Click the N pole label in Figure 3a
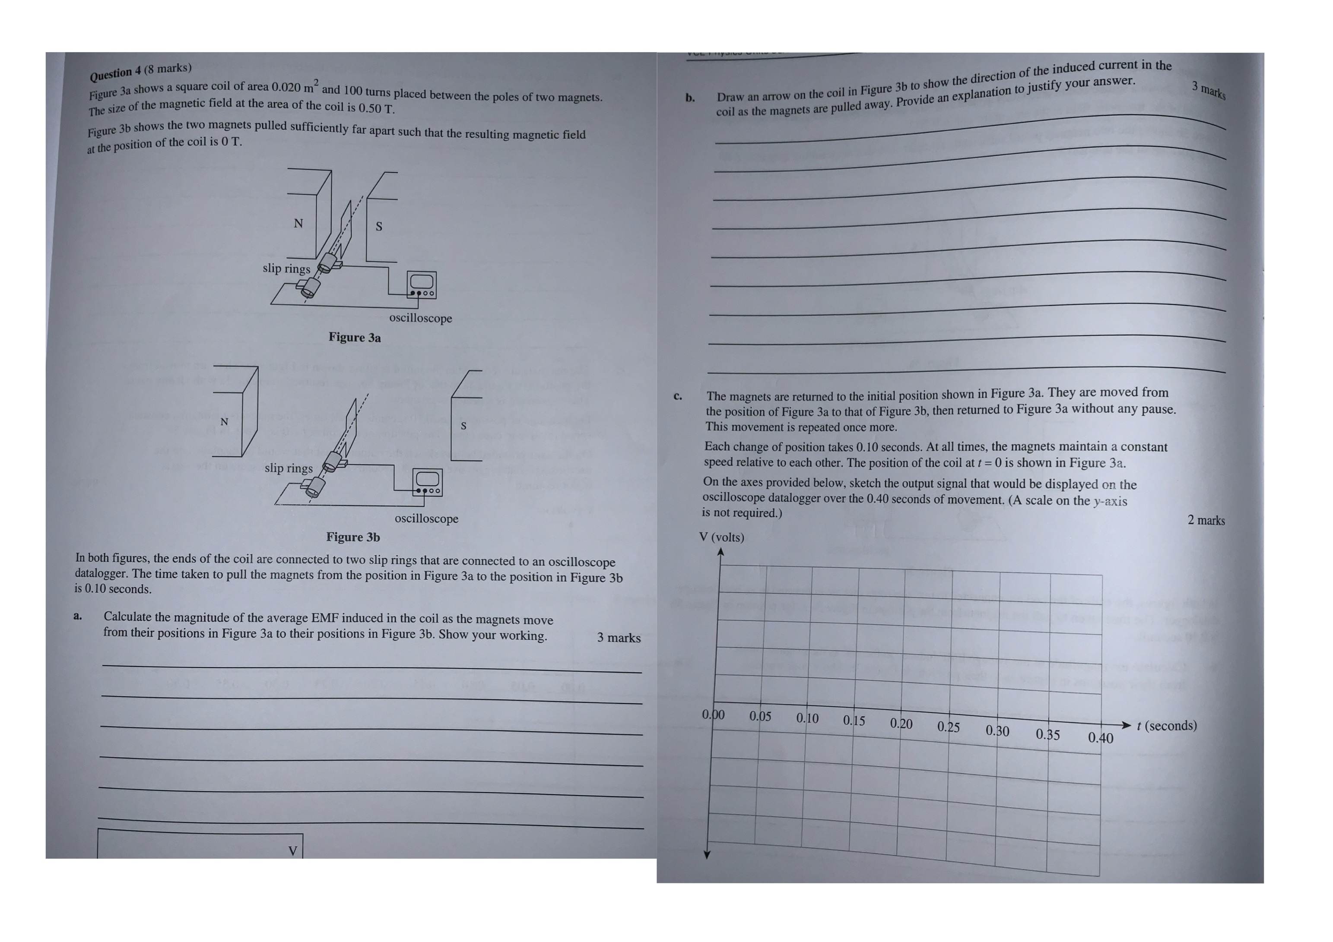click(x=298, y=224)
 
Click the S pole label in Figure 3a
click(x=379, y=226)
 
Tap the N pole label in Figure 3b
click(x=224, y=422)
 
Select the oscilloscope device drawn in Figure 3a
click(x=422, y=284)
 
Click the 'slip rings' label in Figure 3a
click(x=286, y=268)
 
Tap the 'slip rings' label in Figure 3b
click(x=289, y=468)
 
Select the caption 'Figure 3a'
click(x=355, y=337)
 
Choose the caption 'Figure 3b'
click(x=353, y=537)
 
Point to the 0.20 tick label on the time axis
click(x=901, y=724)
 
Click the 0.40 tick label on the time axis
click(x=1100, y=738)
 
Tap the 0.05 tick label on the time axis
click(x=760, y=716)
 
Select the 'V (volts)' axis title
click(x=722, y=537)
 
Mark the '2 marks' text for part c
click(x=1206, y=520)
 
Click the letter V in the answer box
click(x=292, y=851)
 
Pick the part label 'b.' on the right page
click(x=690, y=98)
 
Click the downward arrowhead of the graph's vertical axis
click(x=707, y=854)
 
